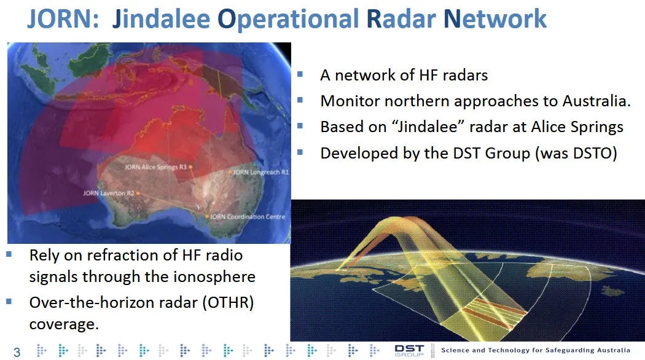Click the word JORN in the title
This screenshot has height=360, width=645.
[63, 18]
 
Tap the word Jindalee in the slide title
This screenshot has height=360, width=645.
[161, 19]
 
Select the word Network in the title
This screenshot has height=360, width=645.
[495, 18]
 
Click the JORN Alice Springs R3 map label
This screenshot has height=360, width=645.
[155, 167]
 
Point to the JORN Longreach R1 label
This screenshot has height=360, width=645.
[261, 172]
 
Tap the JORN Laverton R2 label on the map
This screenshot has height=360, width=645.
[109, 193]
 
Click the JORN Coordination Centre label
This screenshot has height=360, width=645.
[248, 216]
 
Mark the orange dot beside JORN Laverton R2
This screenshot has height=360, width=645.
[138, 193]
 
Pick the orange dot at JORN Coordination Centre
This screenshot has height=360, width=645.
[206, 216]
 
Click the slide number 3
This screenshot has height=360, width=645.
[17, 352]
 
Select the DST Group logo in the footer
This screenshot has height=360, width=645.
[409, 351]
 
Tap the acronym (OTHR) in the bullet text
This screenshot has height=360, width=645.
[228, 302]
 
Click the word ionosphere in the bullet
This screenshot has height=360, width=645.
[214, 277]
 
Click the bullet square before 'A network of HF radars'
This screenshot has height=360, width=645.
[300, 74]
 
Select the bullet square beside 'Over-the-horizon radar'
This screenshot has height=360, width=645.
[9, 302]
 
